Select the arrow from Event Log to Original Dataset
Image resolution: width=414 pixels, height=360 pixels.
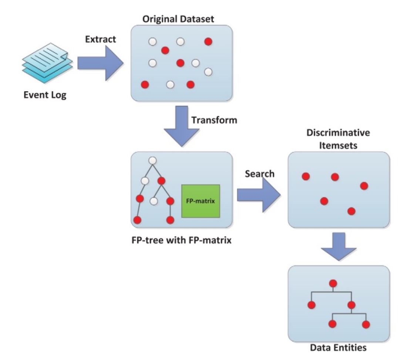100,63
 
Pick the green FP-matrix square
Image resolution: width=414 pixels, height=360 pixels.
201,201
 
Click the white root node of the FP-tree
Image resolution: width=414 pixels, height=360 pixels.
152,161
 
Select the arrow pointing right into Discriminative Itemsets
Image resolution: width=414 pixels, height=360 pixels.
260,195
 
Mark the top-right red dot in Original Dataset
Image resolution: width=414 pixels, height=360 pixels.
208,42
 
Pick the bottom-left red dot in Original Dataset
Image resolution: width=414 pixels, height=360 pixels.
145,85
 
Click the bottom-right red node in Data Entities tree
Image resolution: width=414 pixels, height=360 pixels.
366,324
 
